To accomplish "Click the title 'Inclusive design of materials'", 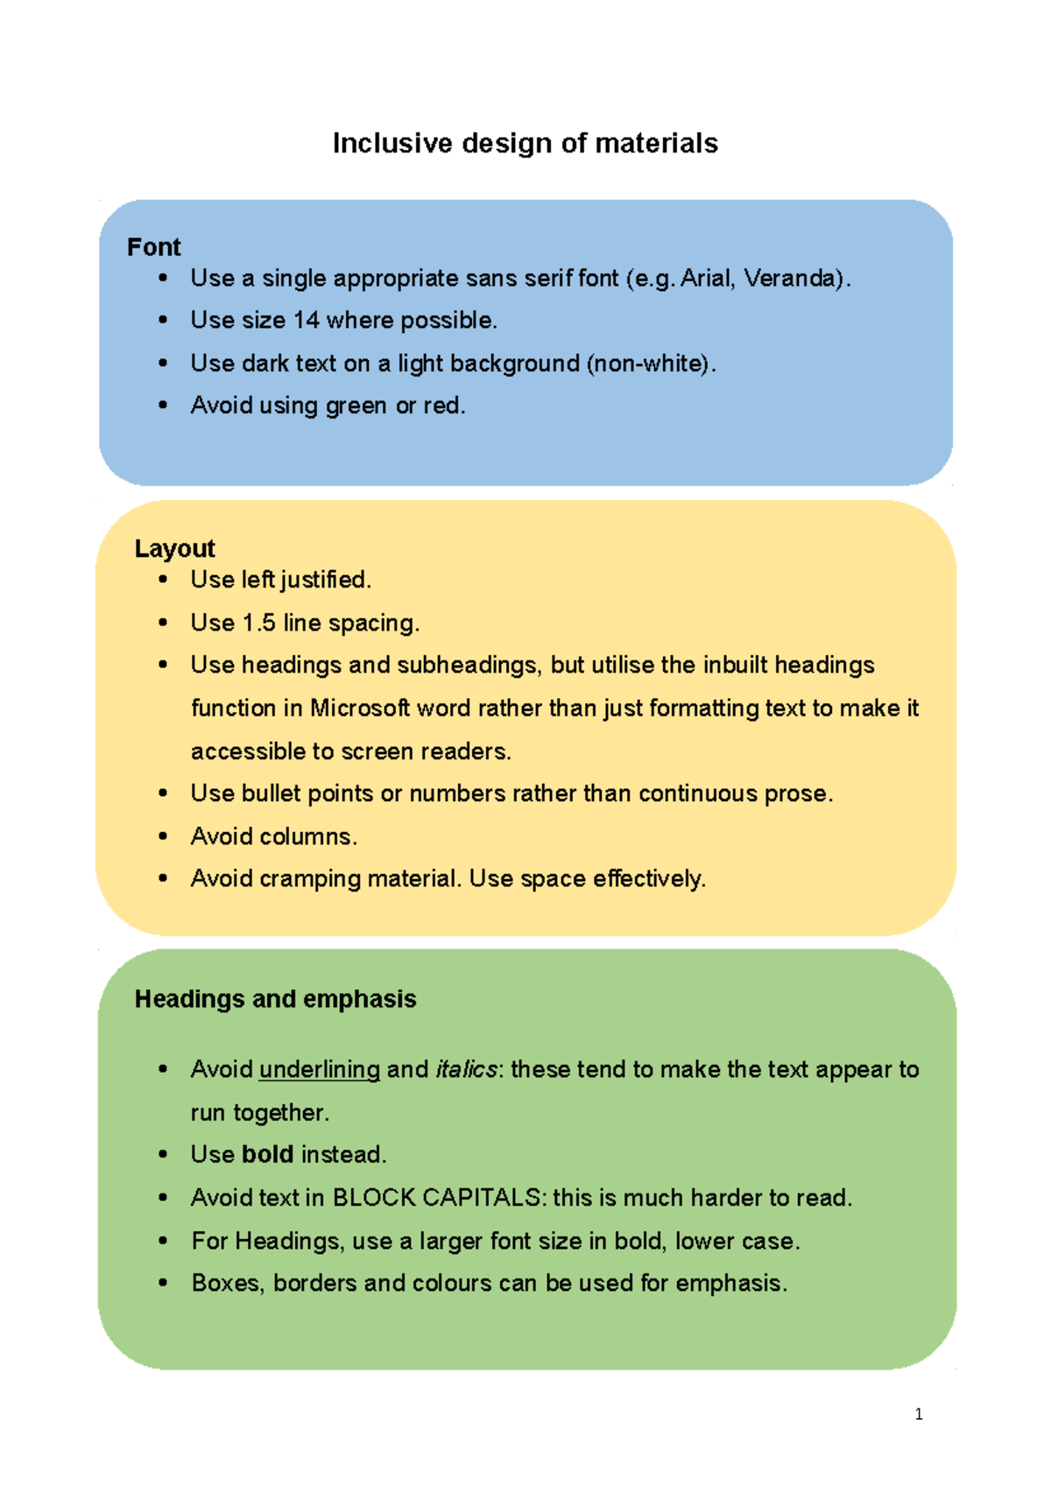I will (x=525, y=144).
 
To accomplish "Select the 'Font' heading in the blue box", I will (x=153, y=247).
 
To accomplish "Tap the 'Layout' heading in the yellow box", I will (x=174, y=548).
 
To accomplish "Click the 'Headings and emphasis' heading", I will (x=275, y=999).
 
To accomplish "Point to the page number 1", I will (x=918, y=1414).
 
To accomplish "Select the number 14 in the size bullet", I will (x=307, y=321).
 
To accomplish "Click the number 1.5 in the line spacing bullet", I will (x=258, y=623).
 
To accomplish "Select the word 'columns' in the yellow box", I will (x=308, y=836).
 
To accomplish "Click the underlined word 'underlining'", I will (x=320, y=1069).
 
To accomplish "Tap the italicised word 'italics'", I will (x=466, y=1069).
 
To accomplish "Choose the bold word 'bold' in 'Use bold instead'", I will (x=267, y=1154).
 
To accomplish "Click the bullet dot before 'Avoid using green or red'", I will (x=163, y=405).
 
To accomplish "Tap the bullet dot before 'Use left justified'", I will (x=163, y=580).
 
